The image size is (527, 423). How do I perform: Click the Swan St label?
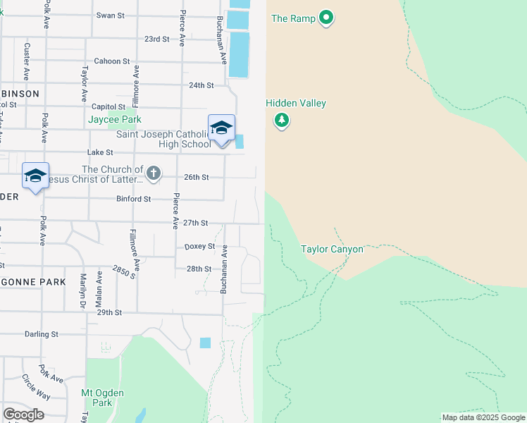click(110, 15)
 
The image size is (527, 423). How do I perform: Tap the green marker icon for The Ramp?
click(325, 18)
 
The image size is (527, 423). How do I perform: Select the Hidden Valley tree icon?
click(282, 121)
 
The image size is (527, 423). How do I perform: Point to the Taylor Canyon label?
click(332, 249)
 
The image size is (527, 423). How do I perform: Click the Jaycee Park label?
click(111, 119)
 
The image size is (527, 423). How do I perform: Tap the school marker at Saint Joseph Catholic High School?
click(221, 129)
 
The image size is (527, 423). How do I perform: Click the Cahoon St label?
click(111, 61)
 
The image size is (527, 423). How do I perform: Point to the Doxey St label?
click(199, 246)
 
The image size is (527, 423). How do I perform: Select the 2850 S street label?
click(124, 272)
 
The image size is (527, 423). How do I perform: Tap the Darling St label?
click(41, 334)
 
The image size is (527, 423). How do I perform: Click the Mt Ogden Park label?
click(103, 398)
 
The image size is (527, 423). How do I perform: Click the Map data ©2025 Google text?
click(483, 418)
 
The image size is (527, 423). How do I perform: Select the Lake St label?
click(100, 152)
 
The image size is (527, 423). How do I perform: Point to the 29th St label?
click(109, 312)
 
